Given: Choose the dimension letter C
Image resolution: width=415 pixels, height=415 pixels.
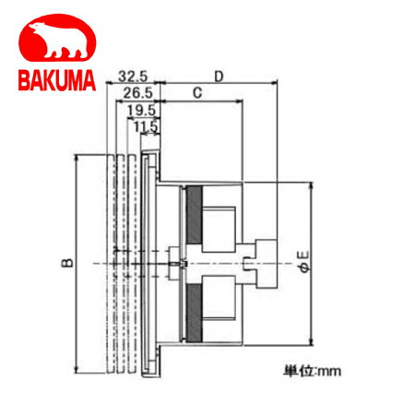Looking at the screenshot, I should [196, 94].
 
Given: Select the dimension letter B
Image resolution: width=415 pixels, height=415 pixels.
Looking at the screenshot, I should [67, 264].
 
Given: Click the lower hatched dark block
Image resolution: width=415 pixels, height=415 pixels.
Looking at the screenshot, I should [196, 308].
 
